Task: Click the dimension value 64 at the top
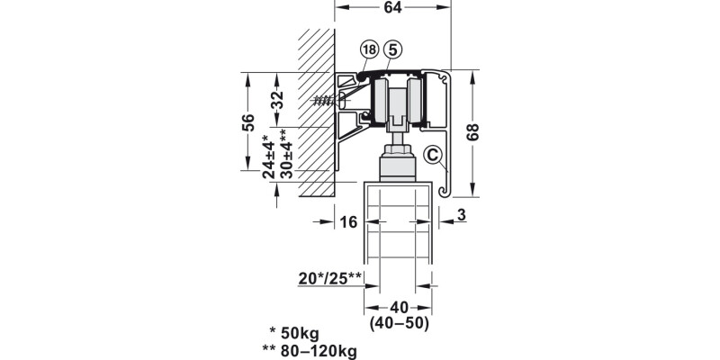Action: (391, 8)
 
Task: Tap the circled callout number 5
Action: (391, 50)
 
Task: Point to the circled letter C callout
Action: (434, 156)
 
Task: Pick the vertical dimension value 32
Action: (277, 98)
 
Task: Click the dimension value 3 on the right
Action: (461, 214)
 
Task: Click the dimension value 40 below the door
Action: (399, 306)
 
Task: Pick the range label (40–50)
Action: (399, 322)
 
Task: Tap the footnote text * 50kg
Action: (301, 332)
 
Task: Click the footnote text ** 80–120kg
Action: (317, 350)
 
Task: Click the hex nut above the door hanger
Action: (398, 150)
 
